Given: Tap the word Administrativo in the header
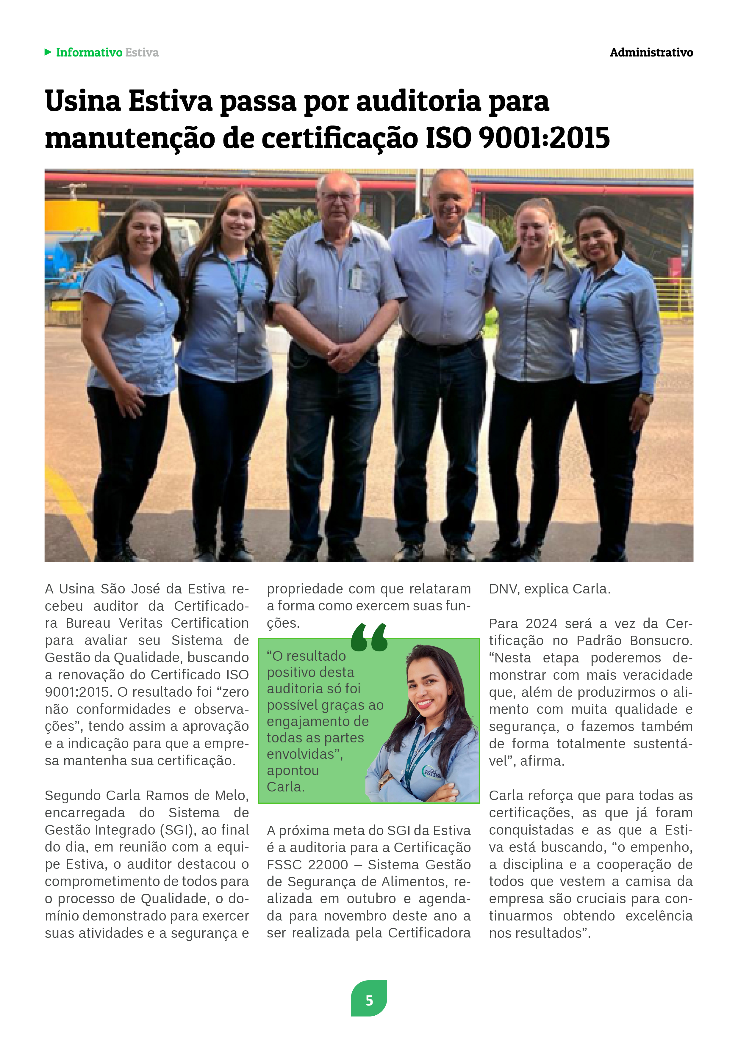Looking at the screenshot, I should (x=651, y=53).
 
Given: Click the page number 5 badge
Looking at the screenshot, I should (x=369, y=1000).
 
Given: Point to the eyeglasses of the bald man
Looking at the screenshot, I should (x=339, y=197).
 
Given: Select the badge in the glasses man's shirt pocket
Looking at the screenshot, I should (x=356, y=278).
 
